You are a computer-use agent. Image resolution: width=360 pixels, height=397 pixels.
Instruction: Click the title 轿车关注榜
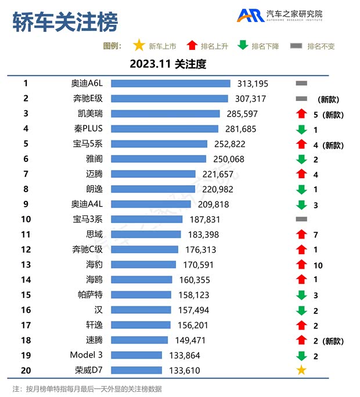pos(65,21)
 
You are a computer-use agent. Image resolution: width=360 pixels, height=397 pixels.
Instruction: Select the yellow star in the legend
pos(139,46)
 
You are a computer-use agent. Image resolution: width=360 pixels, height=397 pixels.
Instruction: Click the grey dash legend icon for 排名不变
pos(296,46)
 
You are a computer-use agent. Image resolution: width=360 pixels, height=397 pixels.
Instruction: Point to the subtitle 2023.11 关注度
pos(168,64)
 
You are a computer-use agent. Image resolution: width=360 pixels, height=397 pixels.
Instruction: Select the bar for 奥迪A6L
pos(171,84)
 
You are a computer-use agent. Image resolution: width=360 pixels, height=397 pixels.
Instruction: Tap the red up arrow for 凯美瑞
pos(301,114)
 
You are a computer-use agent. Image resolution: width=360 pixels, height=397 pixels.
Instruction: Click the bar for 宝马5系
pos(159,144)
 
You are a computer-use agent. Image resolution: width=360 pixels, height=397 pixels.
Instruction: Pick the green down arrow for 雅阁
pos(301,159)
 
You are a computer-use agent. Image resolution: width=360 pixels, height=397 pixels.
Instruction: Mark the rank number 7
pos(26,174)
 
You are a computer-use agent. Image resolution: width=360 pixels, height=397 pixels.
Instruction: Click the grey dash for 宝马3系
pos(301,219)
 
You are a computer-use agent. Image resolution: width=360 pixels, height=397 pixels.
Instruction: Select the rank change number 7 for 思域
pos(316,234)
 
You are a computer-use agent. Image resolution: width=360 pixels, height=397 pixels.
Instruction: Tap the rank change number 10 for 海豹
pos(318,264)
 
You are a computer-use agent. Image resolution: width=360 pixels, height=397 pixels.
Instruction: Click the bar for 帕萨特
pos(141,295)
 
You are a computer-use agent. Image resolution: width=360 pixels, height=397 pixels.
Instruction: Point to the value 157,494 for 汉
pos(193,310)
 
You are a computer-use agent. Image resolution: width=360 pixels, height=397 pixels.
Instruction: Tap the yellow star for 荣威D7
pos(301,370)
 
